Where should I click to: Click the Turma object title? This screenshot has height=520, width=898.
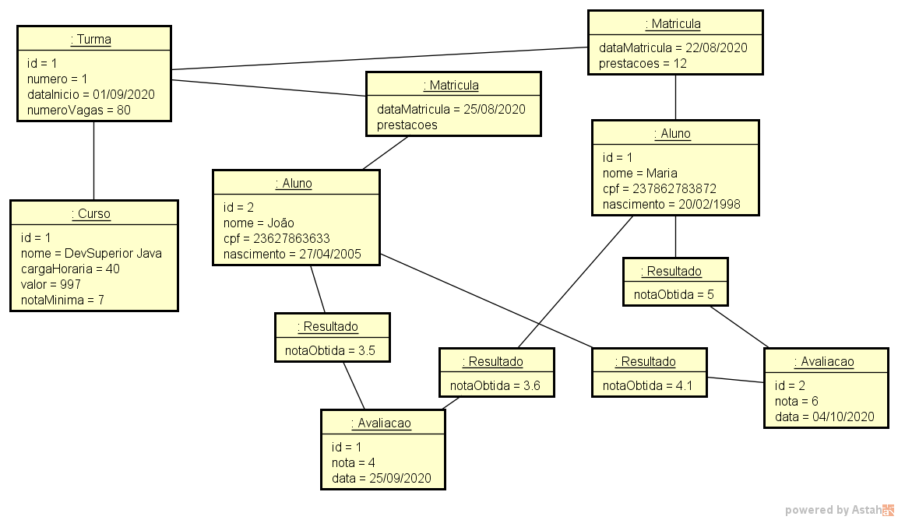[x=91, y=40]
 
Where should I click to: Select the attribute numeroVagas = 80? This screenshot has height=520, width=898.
[x=79, y=110]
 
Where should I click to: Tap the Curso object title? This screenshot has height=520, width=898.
[x=91, y=213]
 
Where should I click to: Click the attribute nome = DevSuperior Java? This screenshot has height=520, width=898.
[x=91, y=253]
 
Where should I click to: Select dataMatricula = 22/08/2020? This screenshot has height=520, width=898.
[x=673, y=47]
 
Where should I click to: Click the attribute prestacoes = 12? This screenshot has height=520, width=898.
[x=643, y=63]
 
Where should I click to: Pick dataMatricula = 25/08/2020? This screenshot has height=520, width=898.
[x=451, y=109]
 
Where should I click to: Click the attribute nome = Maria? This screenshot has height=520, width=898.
[x=639, y=173]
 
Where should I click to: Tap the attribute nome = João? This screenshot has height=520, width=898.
[x=259, y=223]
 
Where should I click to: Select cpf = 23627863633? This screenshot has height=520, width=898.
[x=276, y=238]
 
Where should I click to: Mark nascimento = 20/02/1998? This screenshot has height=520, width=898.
[x=671, y=205]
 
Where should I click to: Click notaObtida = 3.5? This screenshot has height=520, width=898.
[x=330, y=350]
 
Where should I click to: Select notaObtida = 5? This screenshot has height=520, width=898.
[x=674, y=294]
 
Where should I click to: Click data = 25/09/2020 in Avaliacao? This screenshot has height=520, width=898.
[x=381, y=478]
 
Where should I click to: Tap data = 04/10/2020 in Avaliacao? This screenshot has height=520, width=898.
[x=824, y=416]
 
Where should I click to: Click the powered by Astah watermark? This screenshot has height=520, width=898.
[x=838, y=510]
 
